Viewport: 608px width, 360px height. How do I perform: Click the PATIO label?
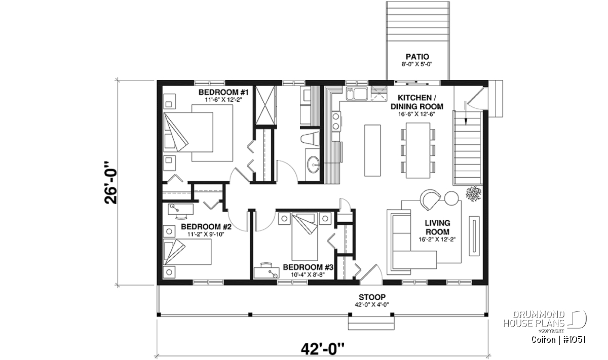(417, 57)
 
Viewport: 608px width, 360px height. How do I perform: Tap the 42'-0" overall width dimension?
(323, 349)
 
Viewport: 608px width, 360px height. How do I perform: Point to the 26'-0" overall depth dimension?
(111, 183)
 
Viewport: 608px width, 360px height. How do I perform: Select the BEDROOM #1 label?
(223, 92)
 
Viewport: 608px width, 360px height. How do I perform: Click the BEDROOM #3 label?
(308, 267)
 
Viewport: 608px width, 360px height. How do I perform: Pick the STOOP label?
(372, 297)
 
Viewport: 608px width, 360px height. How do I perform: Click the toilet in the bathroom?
(310, 139)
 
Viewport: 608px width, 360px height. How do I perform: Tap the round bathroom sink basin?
(314, 164)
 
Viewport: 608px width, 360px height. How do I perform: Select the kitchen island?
(372, 150)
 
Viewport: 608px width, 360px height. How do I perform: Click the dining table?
(418, 150)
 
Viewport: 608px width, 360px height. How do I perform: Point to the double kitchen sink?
(357, 94)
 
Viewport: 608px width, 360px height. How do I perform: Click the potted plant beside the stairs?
(473, 194)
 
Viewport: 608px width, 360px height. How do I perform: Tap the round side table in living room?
(451, 198)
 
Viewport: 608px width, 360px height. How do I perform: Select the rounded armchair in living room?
(430, 199)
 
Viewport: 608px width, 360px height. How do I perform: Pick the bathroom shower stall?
(265, 105)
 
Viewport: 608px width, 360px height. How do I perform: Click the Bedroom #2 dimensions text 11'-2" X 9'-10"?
(206, 234)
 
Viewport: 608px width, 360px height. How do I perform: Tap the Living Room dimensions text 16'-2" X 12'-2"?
(437, 239)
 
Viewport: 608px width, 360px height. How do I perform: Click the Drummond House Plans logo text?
(535, 319)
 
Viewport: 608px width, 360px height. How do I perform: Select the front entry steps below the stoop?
(371, 323)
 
